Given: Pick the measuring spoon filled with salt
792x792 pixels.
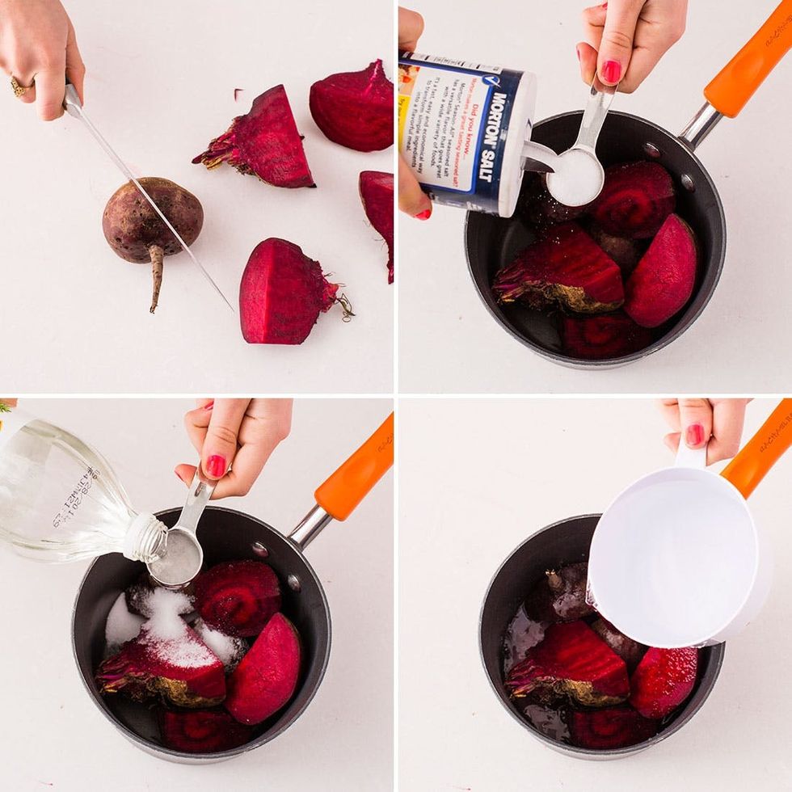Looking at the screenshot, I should tap(575, 176).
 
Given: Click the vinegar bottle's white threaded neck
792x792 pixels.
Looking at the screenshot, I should tap(145, 537).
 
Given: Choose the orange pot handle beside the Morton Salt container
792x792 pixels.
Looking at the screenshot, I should tap(748, 61).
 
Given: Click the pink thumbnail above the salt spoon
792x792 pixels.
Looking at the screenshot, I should tap(611, 72).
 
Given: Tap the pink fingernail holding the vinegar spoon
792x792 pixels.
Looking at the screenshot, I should tap(216, 466).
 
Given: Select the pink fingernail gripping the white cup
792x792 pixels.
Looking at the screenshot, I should tap(694, 435).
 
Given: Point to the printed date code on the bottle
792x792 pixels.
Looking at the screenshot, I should tap(73, 502).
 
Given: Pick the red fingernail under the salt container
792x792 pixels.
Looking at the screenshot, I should tap(423, 214).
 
